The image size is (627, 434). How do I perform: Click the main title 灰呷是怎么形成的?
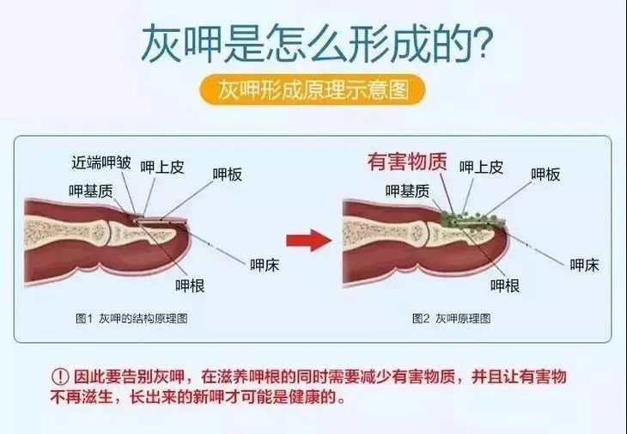313,43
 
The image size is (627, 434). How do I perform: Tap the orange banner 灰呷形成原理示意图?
313,89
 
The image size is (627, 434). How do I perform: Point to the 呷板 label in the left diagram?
228,174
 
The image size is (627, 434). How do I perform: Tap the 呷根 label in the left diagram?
189,285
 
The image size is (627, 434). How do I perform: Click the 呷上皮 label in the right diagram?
481,168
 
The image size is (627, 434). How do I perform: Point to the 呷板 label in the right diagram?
545,174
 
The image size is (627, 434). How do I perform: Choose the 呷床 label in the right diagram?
584,265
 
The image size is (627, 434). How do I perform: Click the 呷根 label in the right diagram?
505,285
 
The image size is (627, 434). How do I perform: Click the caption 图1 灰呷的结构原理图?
131,318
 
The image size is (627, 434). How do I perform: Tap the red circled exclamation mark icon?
59,378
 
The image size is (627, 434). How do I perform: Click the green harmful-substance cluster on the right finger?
467,222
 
